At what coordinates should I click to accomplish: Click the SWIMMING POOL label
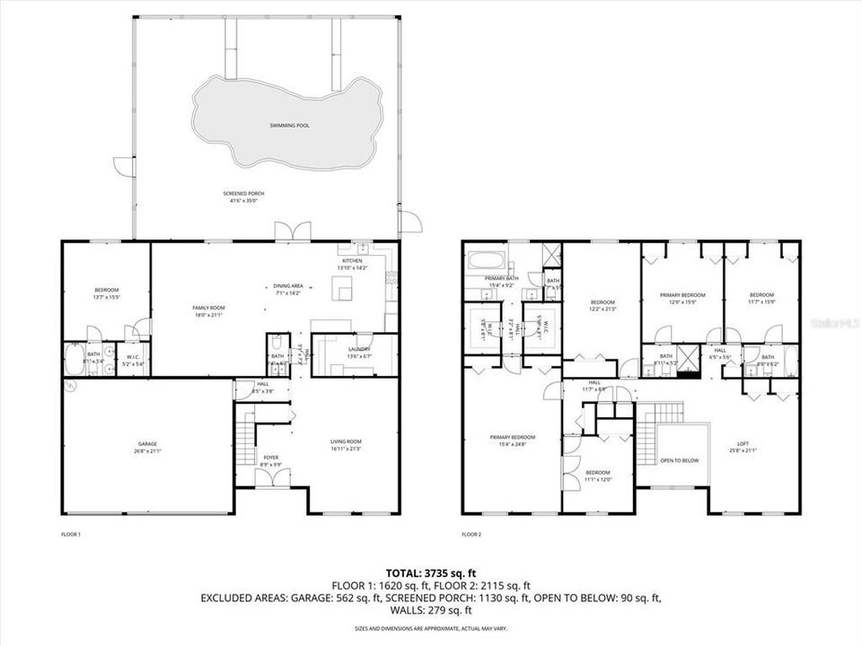click(x=289, y=126)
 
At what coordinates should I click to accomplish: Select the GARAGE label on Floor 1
click(x=147, y=447)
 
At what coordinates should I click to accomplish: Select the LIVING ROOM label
click(x=346, y=444)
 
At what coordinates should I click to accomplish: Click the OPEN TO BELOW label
click(x=680, y=460)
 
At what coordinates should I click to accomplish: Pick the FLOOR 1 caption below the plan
click(x=71, y=534)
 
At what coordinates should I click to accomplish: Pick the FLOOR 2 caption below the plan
click(x=471, y=534)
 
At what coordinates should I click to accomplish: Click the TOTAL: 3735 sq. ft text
click(x=431, y=572)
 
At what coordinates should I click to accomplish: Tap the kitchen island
click(x=341, y=289)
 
